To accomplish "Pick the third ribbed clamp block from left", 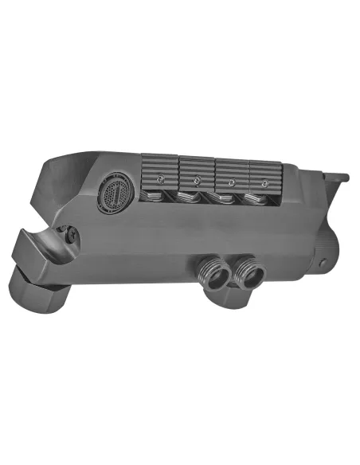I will click(233, 171).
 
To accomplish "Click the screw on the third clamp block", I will click(232, 182).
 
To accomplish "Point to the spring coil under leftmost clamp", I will click(159, 197).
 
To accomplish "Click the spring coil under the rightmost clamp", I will click(259, 200).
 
